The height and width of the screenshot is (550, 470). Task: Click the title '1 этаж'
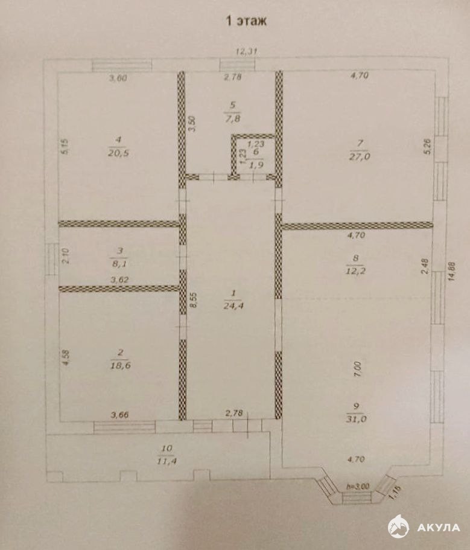pyautogui.click(x=246, y=21)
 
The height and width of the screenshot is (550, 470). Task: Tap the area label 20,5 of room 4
pyautogui.click(x=119, y=153)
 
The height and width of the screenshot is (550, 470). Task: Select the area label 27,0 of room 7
pyautogui.click(x=360, y=156)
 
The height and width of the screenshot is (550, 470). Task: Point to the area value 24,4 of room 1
pyautogui.click(x=233, y=305)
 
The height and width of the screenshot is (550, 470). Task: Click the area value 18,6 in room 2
pyautogui.click(x=120, y=365)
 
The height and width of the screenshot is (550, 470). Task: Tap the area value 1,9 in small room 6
pyautogui.click(x=255, y=164)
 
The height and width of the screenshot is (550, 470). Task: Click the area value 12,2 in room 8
pyautogui.click(x=355, y=270)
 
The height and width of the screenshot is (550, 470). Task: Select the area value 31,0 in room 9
pyautogui.click(x=356, y=418)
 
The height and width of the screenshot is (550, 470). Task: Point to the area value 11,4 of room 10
pyautogui.click(x=167, y=461)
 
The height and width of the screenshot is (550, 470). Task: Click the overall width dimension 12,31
pyautogui.click(x=247, y=52)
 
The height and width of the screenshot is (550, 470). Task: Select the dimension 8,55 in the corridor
pyautogui.click(x=194, y=300)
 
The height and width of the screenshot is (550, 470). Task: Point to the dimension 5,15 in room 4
pyautogui.click(x=66, y=147)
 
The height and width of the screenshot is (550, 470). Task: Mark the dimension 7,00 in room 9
pyautogui.click(x=357, y=369)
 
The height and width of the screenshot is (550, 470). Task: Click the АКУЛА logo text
pyautogui.click(x=439, y=527)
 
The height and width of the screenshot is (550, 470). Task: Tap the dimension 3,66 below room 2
pyautogui.click(x=120, y=415)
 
